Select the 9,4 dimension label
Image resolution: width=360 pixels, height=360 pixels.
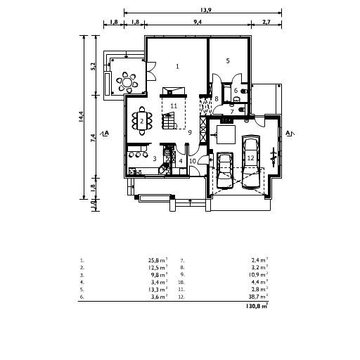point(198,22)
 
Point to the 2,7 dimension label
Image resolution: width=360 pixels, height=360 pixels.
point(266,22)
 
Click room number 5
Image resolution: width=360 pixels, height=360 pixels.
point(228,61)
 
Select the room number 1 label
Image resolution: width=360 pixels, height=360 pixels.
point(178,66)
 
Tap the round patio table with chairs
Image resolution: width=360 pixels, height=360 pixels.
point(127,82)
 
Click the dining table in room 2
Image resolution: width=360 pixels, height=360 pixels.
point(142,121)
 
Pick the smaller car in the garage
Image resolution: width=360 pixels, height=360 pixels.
point(225,170)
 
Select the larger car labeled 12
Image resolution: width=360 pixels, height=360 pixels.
point(251,162)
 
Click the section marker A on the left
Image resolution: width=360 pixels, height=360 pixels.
point(105,133)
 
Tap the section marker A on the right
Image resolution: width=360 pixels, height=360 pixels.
point(290,133)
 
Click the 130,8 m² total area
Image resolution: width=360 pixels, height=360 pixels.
point(257,306)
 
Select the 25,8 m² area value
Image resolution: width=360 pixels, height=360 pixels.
point(157,260)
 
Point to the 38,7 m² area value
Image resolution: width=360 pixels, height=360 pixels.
point(258,297)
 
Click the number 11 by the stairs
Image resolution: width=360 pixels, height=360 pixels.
point(174,106)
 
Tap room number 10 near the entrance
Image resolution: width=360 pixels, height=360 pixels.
point(193,161)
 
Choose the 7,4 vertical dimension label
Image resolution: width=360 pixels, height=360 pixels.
point(93,138)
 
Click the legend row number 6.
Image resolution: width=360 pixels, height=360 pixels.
point(82,297)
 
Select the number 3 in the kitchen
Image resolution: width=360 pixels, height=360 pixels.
point(155,159)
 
